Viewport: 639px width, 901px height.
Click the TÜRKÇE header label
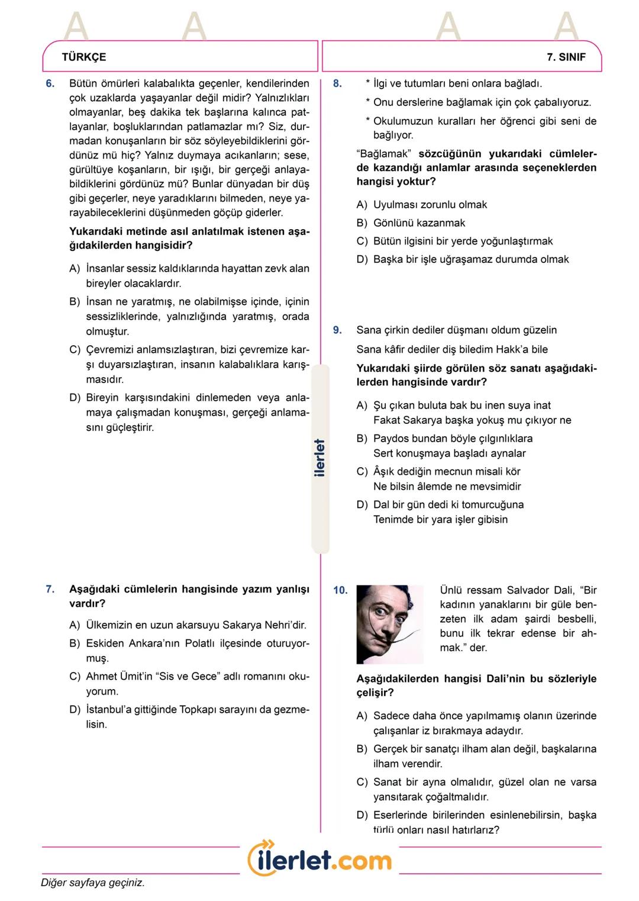point(83,57)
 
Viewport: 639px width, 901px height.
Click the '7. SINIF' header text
point(566,57)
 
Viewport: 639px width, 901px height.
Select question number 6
point(50,83)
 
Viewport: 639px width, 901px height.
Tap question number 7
point(50,589)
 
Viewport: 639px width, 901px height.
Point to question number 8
point(337,83)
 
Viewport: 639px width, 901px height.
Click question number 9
point(337,330)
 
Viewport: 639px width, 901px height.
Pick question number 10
point(340,590)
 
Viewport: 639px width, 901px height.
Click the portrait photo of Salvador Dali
point(390,624)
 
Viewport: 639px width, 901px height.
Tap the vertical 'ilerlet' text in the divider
point(319,458)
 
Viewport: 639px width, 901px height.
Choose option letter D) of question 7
point(75,710)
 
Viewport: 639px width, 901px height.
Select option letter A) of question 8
point(362,205)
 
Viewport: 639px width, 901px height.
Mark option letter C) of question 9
point(362,472)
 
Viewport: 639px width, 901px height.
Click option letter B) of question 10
point(362,749)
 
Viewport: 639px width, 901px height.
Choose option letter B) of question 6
point(75,302)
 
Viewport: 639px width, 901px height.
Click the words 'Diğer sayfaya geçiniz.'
point(93,883)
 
